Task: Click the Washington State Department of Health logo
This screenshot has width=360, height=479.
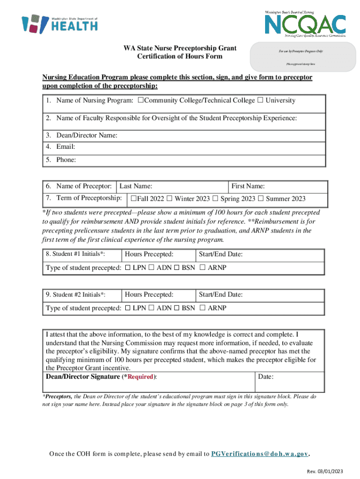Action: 60,23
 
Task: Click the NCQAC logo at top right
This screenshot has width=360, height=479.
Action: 305,24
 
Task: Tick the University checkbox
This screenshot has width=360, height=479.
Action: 260,101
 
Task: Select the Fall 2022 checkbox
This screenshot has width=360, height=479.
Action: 134,199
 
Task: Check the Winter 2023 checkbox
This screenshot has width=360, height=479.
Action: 170,199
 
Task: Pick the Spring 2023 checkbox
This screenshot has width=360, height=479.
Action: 216,199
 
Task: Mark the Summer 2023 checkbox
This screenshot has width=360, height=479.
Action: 261,199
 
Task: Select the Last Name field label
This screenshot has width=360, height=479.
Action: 136,186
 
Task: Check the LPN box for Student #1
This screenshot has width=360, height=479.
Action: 128,268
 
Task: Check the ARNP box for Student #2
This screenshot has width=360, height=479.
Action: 202,308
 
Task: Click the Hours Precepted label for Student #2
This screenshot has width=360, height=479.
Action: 149,295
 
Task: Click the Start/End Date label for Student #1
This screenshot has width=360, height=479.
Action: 221,254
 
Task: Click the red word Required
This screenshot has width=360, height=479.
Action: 139,377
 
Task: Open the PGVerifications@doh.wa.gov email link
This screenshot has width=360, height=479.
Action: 260,454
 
